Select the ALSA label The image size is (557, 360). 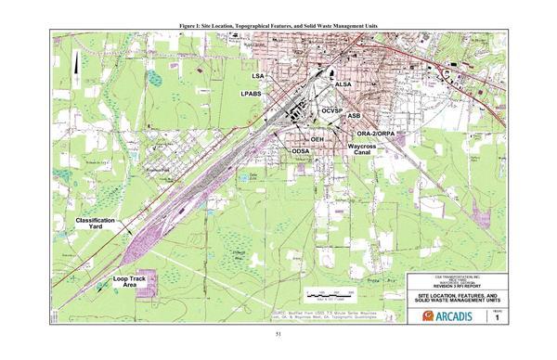point(343,85)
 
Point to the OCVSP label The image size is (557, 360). point(334,110)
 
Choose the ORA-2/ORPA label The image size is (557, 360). point(377,134)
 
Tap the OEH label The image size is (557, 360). point(317,139)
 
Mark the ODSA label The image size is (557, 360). point(300,150)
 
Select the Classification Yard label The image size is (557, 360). point(95,224)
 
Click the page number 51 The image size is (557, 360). point(278,335)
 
